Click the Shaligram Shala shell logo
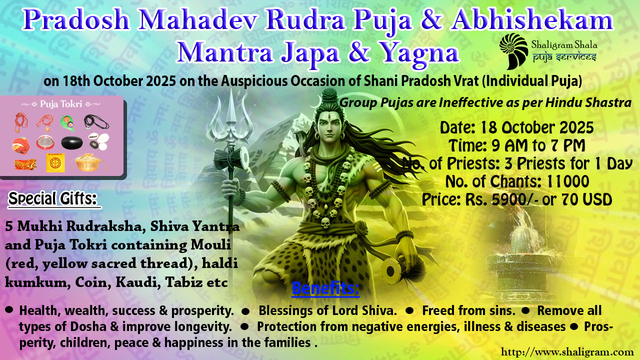[513, 51]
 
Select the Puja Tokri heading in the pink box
[61, 103]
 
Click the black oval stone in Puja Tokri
[72, 143]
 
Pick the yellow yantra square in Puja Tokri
[55, 163]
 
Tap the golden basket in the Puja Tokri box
[88, 162]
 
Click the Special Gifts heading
[52, 199]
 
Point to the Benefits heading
[325, 288]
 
